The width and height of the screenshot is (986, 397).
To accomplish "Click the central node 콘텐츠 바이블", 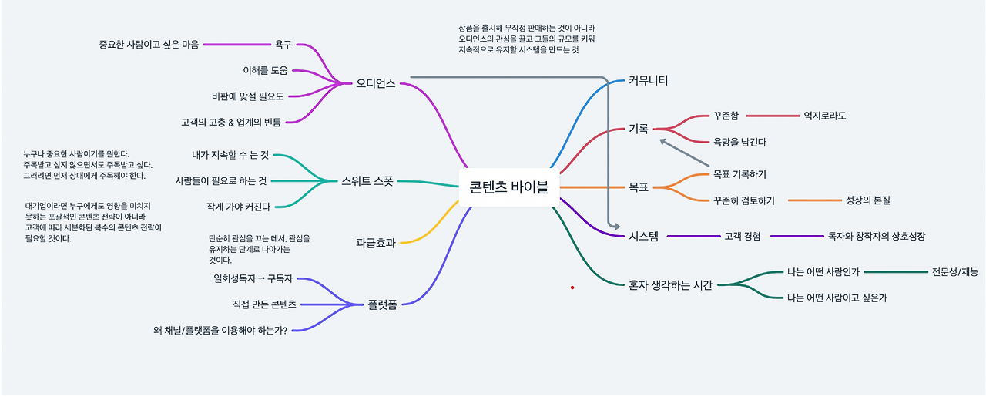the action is coord(508,187).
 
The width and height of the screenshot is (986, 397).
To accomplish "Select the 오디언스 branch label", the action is coord(375,83).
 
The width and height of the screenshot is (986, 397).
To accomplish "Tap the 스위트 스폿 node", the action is coord(367,181).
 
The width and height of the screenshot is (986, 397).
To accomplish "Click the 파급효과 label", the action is coord(375,243).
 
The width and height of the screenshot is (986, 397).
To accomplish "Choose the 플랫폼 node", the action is coord(382,304).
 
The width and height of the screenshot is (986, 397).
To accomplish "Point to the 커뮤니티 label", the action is coord(648,80).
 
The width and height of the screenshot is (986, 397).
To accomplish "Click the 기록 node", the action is coord(639,129).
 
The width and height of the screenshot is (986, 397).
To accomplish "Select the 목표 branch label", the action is coord(639,187).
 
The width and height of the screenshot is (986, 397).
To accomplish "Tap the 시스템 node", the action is coord(643,236).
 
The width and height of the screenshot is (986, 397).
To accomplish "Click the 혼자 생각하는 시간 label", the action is coord(670,285).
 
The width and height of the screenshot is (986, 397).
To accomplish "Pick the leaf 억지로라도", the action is coord(824,116).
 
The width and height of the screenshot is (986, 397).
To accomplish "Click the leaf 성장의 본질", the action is coord(867,200).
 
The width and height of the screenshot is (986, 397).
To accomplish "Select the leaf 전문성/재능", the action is coord(955,271).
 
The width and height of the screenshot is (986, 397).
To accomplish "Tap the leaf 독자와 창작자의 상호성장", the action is coord(876,236).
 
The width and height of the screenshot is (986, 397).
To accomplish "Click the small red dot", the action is coord(572,288).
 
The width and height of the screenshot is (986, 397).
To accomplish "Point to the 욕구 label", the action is coord(283,44).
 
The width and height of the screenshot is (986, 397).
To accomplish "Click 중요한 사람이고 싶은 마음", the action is coord(149,44).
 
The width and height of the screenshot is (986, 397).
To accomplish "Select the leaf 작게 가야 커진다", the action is coord(238,207).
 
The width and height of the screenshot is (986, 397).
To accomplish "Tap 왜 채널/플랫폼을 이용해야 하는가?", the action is coord(220,331).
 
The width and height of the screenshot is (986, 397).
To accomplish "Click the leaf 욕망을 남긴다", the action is coord(739,142).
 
